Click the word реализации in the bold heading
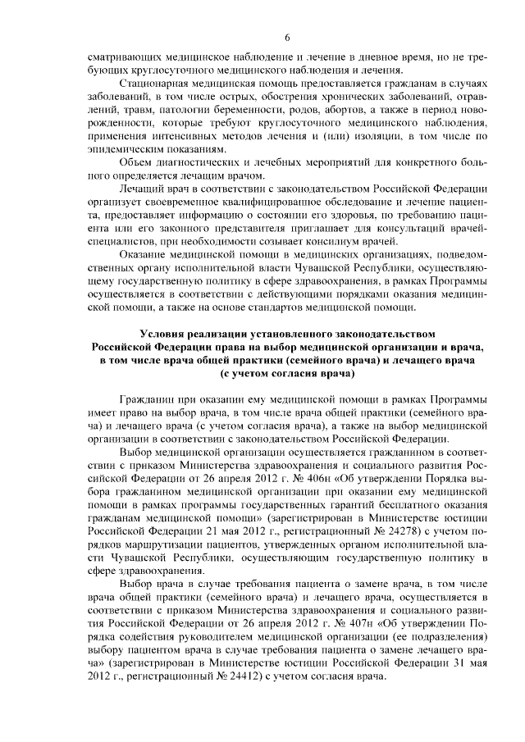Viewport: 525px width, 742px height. pyautogui.click(x=227, y=335)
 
